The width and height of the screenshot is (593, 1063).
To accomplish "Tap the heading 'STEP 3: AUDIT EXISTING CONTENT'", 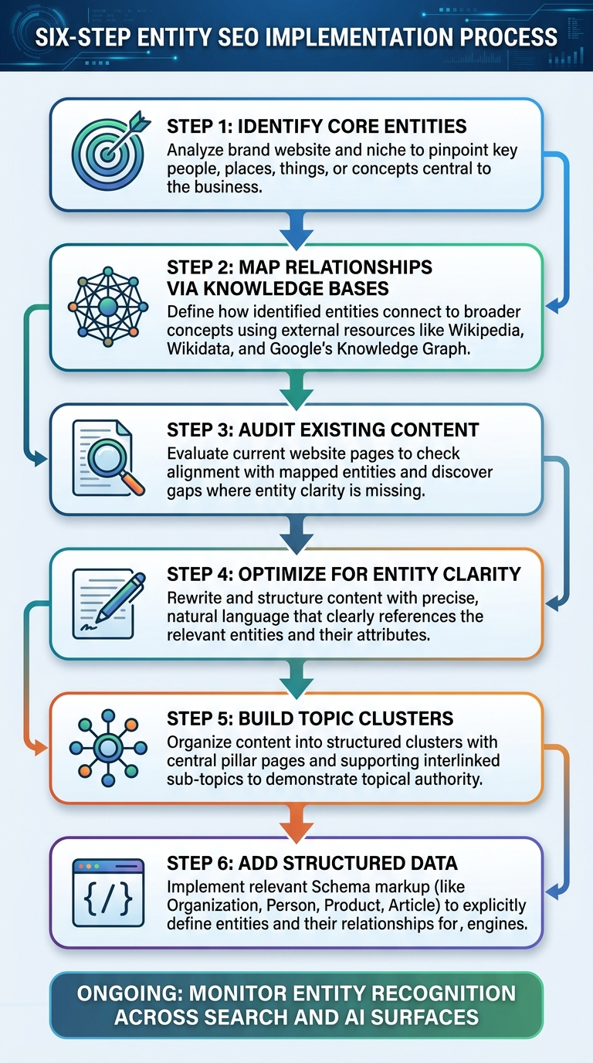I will tap(323, 430).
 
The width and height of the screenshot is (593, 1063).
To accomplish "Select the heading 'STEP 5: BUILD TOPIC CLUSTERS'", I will tap(310, 718).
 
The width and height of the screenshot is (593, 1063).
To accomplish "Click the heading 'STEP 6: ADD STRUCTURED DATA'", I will tap(312, 864).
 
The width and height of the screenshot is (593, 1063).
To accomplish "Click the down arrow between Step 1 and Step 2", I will tap(297, 227).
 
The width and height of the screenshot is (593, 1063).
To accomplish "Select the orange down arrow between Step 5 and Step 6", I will tap(297, 821).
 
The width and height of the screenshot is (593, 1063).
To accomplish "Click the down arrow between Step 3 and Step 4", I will tap(297, 531).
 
